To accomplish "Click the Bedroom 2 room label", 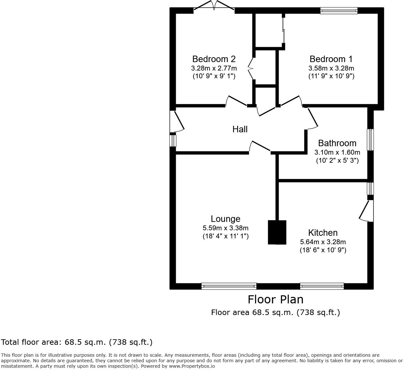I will click(x=214, y=59).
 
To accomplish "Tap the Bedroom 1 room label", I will click(x=331, y=59).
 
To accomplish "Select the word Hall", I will click(x=240, y=129).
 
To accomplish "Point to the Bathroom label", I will click(x=337, y=143).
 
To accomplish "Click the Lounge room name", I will click(x=225, y=219).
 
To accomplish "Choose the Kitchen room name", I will click(x=323, y=233).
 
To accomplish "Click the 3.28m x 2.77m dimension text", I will click(x=214, y=68).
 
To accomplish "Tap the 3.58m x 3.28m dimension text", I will click(x=331, y=68).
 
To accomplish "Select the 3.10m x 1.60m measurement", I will click(x=337, y=152).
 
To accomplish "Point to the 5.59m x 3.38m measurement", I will click(x=225, y=228).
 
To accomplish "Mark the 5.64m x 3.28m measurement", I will click(x=323, y=242).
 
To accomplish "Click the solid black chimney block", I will click(x=277, y=232).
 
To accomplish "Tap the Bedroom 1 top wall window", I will click(x=339, y=11).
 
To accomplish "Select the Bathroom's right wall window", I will click(x=370, y=140).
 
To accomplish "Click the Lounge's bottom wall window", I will click(x=229, y=286).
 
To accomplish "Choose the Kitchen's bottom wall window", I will click(x=322, y=286).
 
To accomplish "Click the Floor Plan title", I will click(x=275, y=299).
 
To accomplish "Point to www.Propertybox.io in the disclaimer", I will click(x=192, y=366).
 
